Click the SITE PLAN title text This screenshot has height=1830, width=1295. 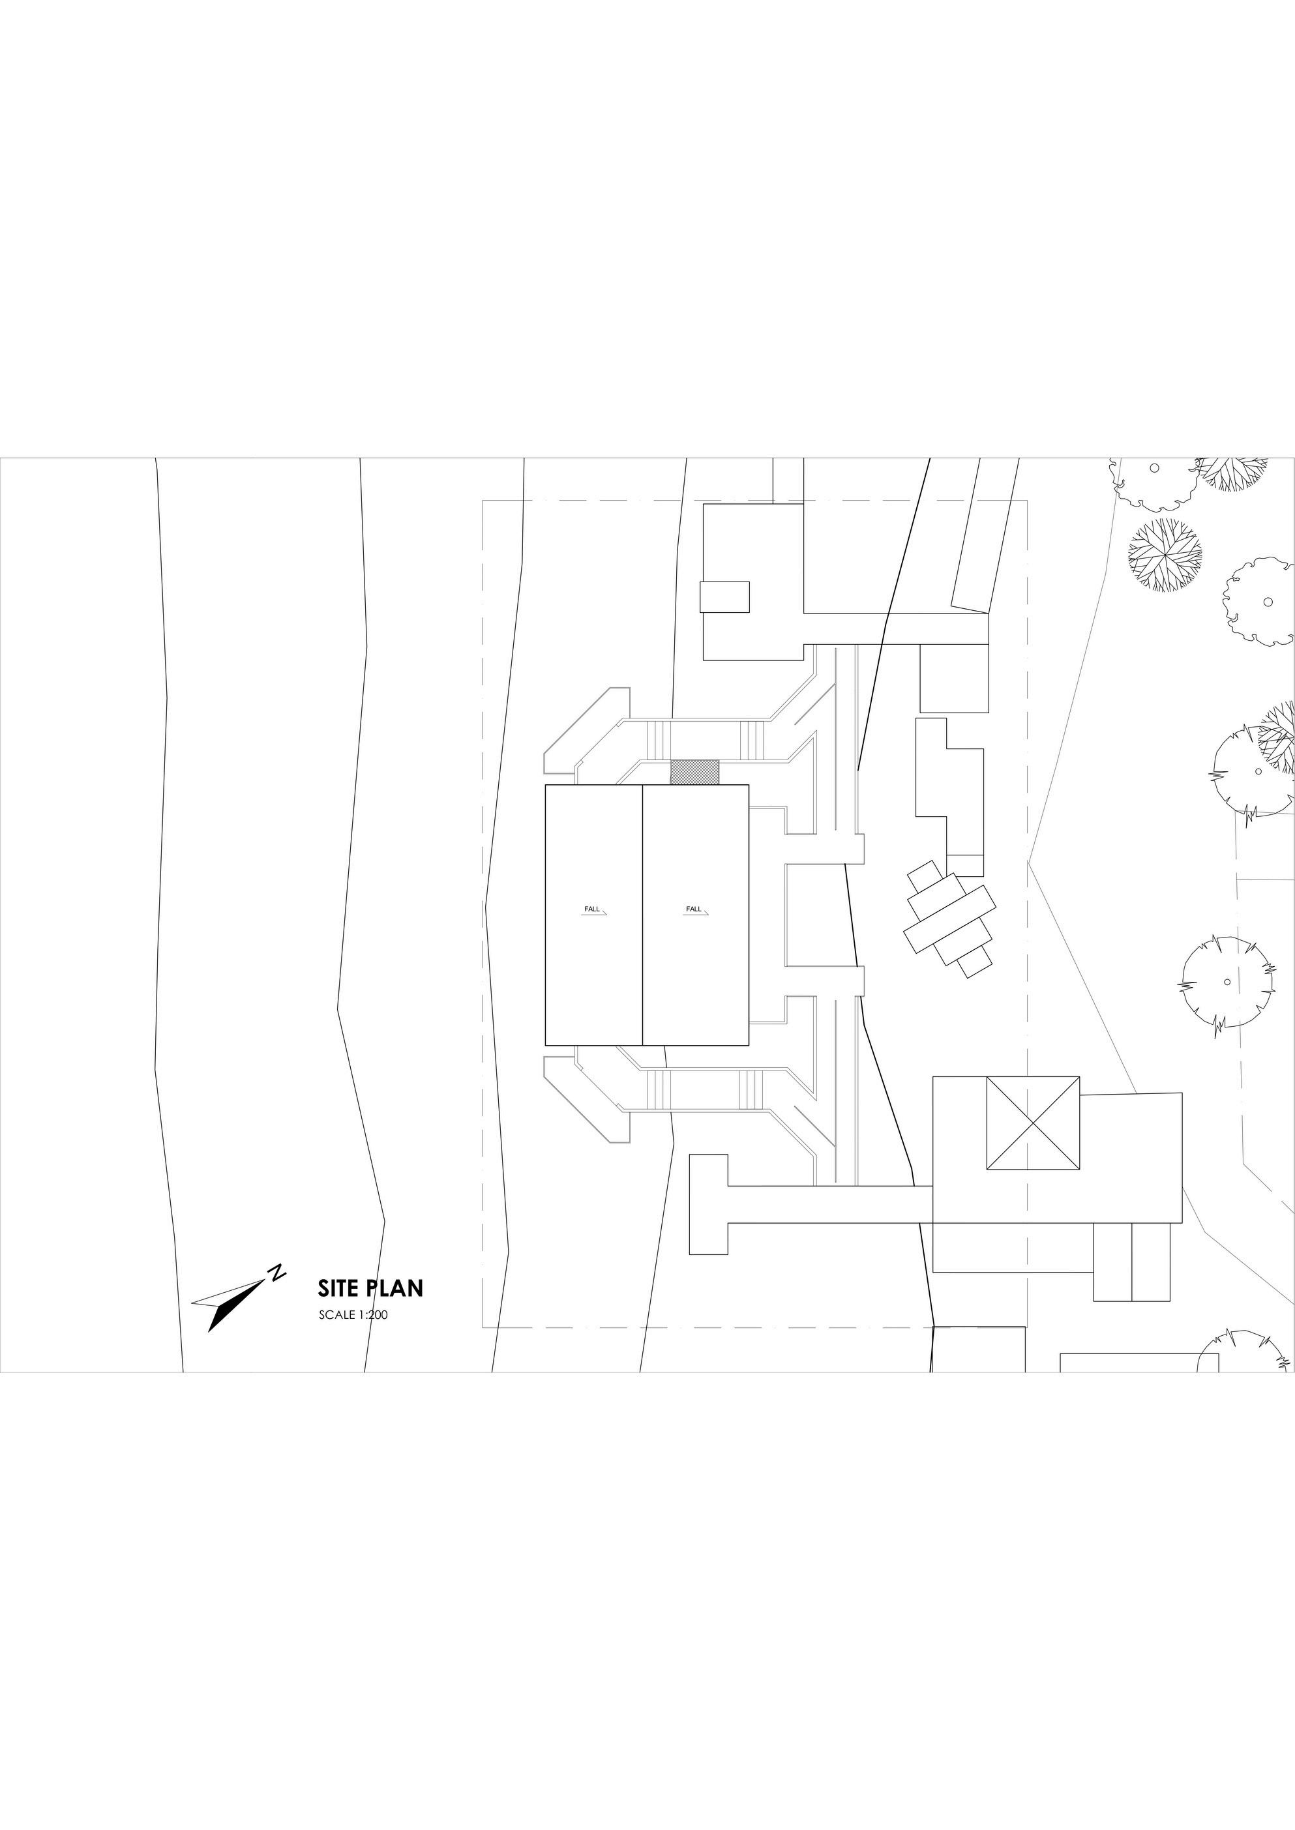pyautogui.click(x=370, y=1289)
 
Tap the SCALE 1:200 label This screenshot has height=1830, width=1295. pyautogui.click(x=353, y=1315)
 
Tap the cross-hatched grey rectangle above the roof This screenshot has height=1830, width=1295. pyautogui.click(x=694, y=771)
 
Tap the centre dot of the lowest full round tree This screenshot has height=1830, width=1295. pyautogui.click(x=1227, y=981)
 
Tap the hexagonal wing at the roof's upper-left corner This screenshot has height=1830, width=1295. pyautogui.click(x=587, y=730)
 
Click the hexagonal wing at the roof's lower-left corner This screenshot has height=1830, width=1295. pyautogui.click(x=587, y=1100)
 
